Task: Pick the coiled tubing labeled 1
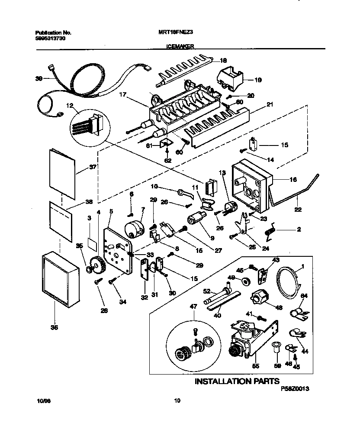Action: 288,284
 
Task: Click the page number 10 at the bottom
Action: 177,401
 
